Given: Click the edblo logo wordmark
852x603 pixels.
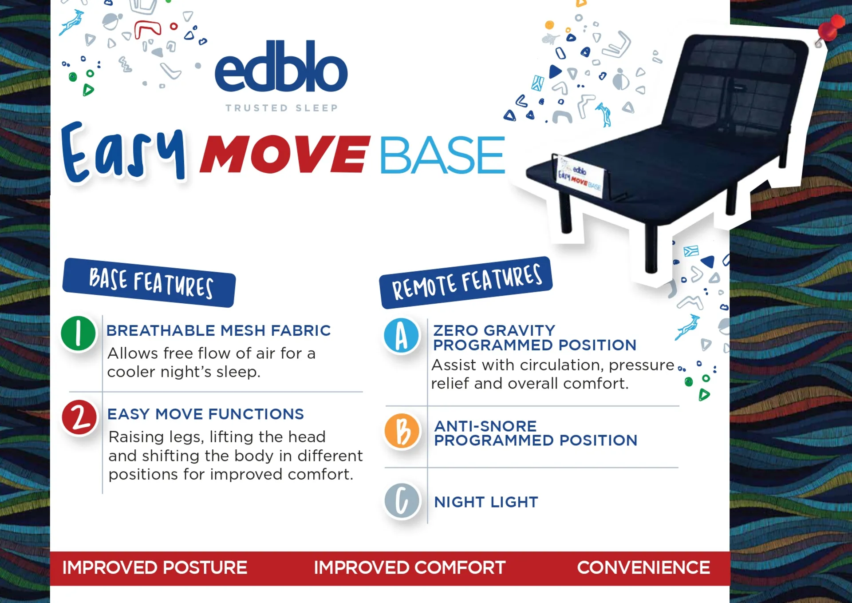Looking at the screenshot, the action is pos(281,66).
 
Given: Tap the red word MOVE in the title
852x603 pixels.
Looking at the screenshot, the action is pos(284,154).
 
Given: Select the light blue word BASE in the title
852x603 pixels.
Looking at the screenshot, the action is pos(442,155).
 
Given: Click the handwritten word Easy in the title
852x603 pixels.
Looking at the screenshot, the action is pos(123,152).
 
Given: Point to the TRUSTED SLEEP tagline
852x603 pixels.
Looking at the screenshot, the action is pos(282,108).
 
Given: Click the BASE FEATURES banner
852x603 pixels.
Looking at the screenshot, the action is pos(149,282).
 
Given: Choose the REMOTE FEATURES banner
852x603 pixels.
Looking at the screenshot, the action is pos(466,282).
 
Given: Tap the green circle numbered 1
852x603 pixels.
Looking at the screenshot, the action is pos(79,333).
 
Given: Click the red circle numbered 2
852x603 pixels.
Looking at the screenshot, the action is pos(79,417).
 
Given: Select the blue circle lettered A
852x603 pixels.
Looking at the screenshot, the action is pos(402,335).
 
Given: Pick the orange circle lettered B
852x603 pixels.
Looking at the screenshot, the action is pos(402,431).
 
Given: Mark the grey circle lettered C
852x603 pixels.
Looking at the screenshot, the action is pos(402,501).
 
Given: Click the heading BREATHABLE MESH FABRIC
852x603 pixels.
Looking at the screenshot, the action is pos(219,330).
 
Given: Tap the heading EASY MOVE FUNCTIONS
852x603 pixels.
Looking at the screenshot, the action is pos(205,414).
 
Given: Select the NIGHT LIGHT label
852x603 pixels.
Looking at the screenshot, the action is pos(486,502).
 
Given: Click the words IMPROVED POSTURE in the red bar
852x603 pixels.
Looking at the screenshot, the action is pos(154,567).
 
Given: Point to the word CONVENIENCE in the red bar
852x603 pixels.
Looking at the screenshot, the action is pos(643,567).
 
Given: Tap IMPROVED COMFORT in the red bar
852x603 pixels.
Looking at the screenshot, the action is pos(410,567).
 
